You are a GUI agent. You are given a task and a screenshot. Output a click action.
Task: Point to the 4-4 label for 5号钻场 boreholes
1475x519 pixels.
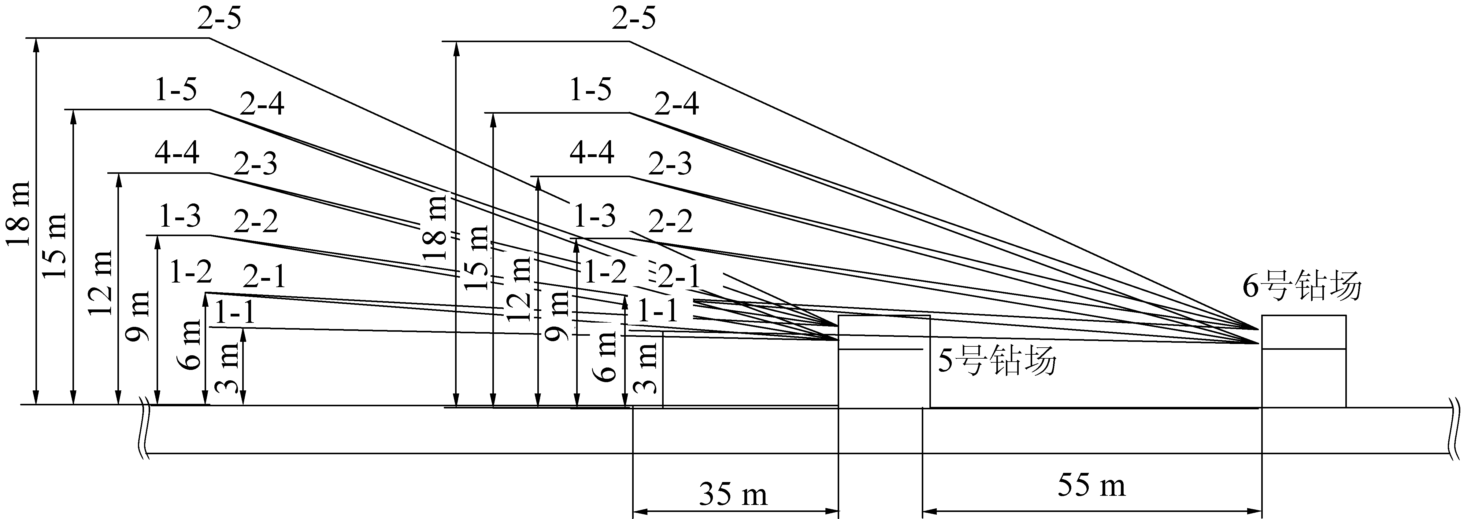coord(177,153)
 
